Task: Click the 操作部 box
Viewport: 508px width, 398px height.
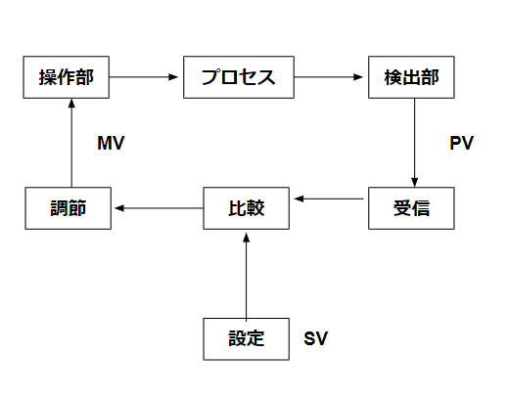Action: (x=67, y=77)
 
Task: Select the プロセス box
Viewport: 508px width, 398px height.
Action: (x=239, y=77)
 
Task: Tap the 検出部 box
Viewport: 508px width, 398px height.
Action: (x=411, y=77)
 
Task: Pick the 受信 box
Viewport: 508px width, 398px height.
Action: (x=411, y=208)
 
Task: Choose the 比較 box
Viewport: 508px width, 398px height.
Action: (x=247, y=208)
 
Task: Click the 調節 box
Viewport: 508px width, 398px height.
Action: (x=69, y=208)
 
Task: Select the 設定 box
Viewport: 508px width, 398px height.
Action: (x=247, y=339)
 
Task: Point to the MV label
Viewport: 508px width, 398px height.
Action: (x=111, y=143)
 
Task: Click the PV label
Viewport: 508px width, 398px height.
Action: (x=462, y=143)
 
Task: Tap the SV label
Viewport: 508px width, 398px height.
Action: (x=315, y=338)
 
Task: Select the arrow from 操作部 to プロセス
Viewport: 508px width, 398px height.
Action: (x=144, y=77)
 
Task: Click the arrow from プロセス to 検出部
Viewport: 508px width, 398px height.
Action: (x=329, y=77)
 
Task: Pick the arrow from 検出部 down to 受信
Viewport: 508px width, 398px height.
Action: (x=415, y=143)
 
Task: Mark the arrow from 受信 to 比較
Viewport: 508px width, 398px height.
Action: (x=329, y=199)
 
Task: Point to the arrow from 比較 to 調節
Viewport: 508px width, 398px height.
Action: (x=159, y=208)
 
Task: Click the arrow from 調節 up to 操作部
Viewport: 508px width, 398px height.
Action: (x=71, y=143)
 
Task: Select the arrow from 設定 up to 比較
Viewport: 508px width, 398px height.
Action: (x=247, y=277)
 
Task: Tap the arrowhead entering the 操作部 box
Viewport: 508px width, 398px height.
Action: (x=71, y=104)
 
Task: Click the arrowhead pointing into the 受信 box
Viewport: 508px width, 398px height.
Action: (x=415, y=183)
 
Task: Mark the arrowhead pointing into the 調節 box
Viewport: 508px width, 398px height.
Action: (x=119, y=208)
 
